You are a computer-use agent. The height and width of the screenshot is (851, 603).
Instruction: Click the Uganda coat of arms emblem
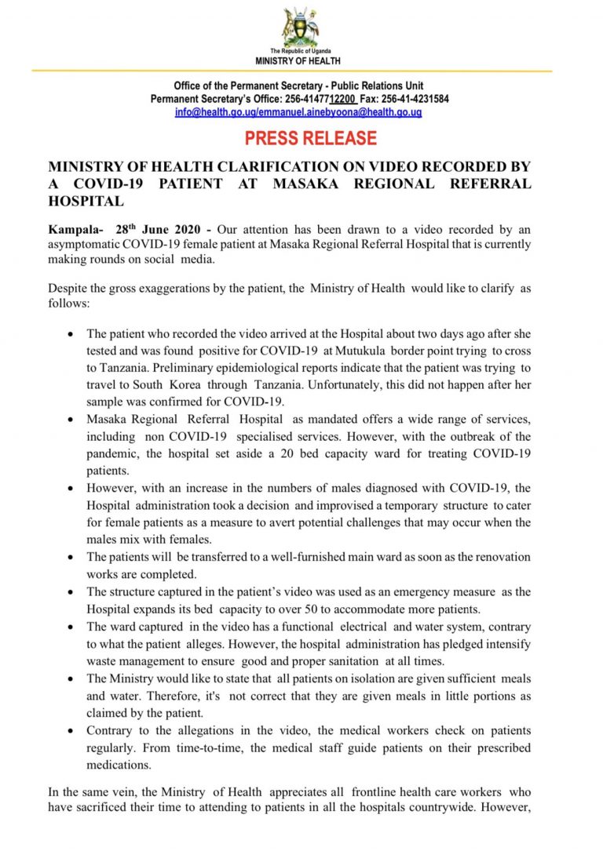click(301, 27)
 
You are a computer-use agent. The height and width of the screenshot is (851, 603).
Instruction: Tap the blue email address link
click(298, 112)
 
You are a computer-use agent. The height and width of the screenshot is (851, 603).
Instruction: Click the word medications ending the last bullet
click(119, 766)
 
